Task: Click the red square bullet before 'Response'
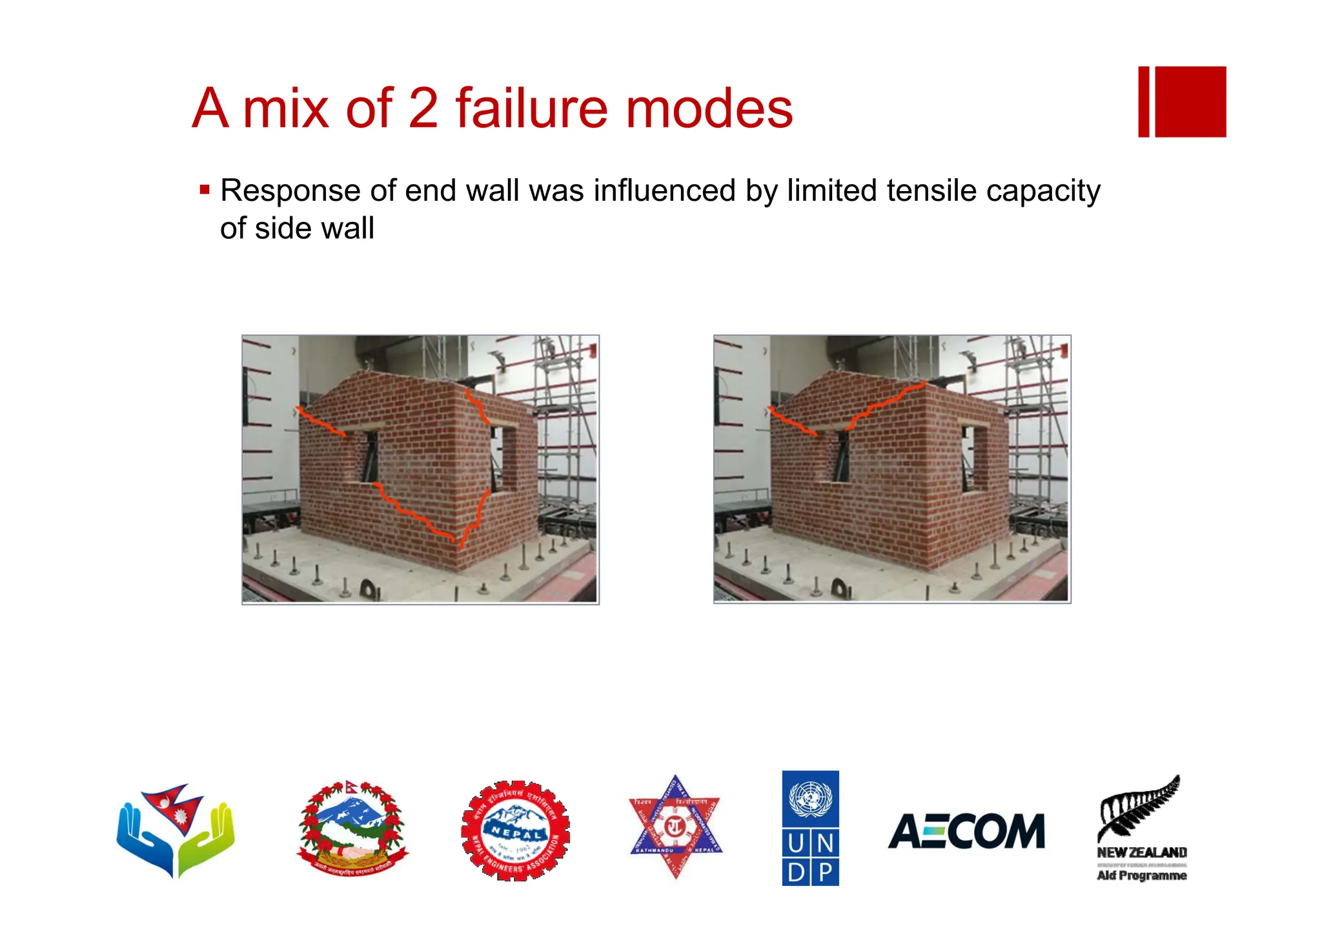pos(205,190)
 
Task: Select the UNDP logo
pos(810,828)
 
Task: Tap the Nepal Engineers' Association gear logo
pos(515,830)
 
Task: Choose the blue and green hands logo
pos(175,830)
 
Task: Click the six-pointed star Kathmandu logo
pos(675,827)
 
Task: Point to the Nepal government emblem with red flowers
pos(352,828)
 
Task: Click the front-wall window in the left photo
pos(369,457)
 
